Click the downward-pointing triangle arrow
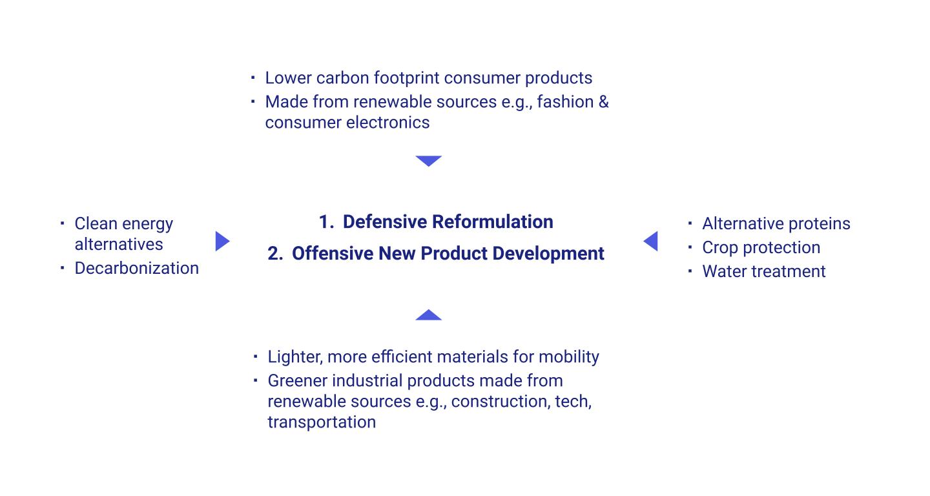[x=428, y=160]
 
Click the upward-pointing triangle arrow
[x=428, y=315]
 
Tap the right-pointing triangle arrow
[x=222, y=241]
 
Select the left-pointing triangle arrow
[x=651, y=241]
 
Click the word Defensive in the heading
[x=384, y=222]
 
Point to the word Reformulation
[x=492, y=222]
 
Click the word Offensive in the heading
[x=333, y=254]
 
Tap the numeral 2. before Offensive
[x=275, y=254]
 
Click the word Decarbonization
[x=137, y=268]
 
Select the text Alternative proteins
[x=776, y=223]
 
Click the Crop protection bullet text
[x=761, y=248]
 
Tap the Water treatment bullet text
[x=764, y=271]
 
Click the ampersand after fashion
[x=604, y=102]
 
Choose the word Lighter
[x=294, y=357]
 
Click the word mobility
[x=569, y=357]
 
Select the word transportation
[x=322, y=422]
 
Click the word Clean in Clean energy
[x=96, y=223]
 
